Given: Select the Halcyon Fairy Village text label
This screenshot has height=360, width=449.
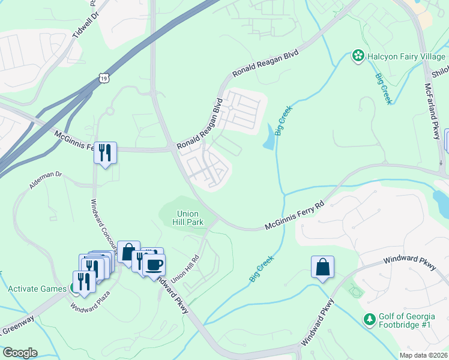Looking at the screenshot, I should (406, 56).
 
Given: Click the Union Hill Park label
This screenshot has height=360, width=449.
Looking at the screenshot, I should (190, 217).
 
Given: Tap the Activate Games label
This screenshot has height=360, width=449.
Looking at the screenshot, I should (37, 289).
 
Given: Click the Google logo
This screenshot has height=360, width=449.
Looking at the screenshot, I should (19, 353).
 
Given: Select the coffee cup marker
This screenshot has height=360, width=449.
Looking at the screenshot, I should (154, 264).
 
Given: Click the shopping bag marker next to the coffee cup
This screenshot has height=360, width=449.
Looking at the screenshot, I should (128, 252).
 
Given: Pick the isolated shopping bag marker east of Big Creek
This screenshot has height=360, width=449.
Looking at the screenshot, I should (322, 268).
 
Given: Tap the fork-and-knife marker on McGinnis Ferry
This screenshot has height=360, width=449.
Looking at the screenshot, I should (105, 152).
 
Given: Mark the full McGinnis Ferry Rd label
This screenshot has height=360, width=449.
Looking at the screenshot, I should (294, 215).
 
